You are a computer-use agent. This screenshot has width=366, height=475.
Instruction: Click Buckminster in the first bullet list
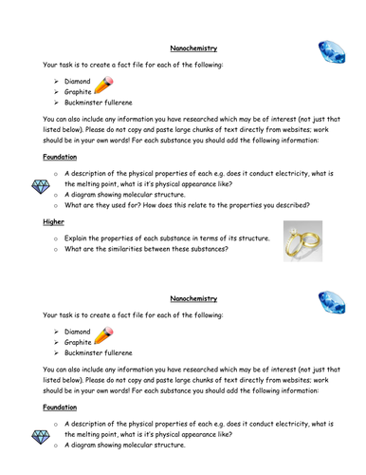tap(88, 102)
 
